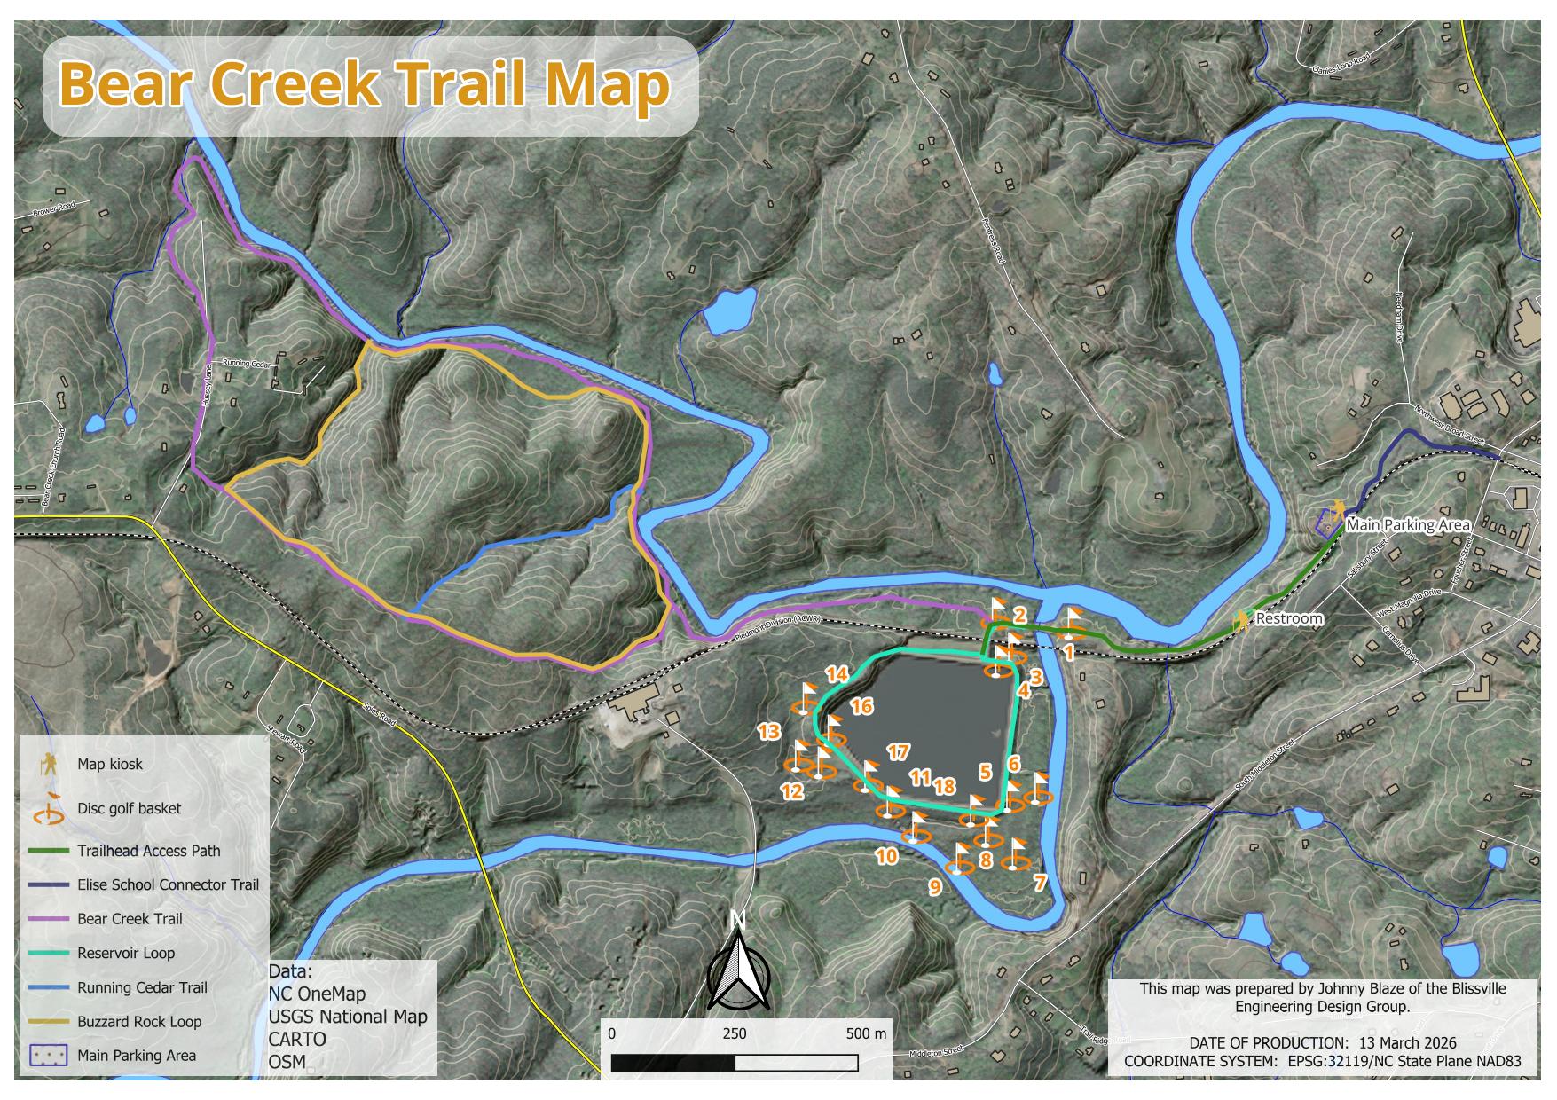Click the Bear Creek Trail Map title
pyautogui.click(x=365, y=85)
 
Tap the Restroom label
pyautogui.click(x=1288, y=618)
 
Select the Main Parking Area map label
pyautogui.click(x=1408, y=524)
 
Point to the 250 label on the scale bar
pyautogui.click(x=734, y=1033)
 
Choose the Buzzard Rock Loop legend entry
pyautogui.click(x=139, y=1021)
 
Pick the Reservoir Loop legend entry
pyautogui.click(x=126, y=953)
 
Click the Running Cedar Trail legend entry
pyautogui.click(x=142, y=987)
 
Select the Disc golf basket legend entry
pyautogui.click(x=129, y=808)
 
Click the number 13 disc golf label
pyautogui.click(x=768, y=732)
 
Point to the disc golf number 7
pyautogui.click(x=1040, y=882)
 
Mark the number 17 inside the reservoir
pyautogui.click(x=898, y=752)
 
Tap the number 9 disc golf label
pyautogui.click(x=934, y=886)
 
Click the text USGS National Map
pyautogui.click(x=347, y=1017)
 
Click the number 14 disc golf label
pyautogui.click(x=837, y=673)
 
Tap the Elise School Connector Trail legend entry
pyautogui.click(x=168, y=884)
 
